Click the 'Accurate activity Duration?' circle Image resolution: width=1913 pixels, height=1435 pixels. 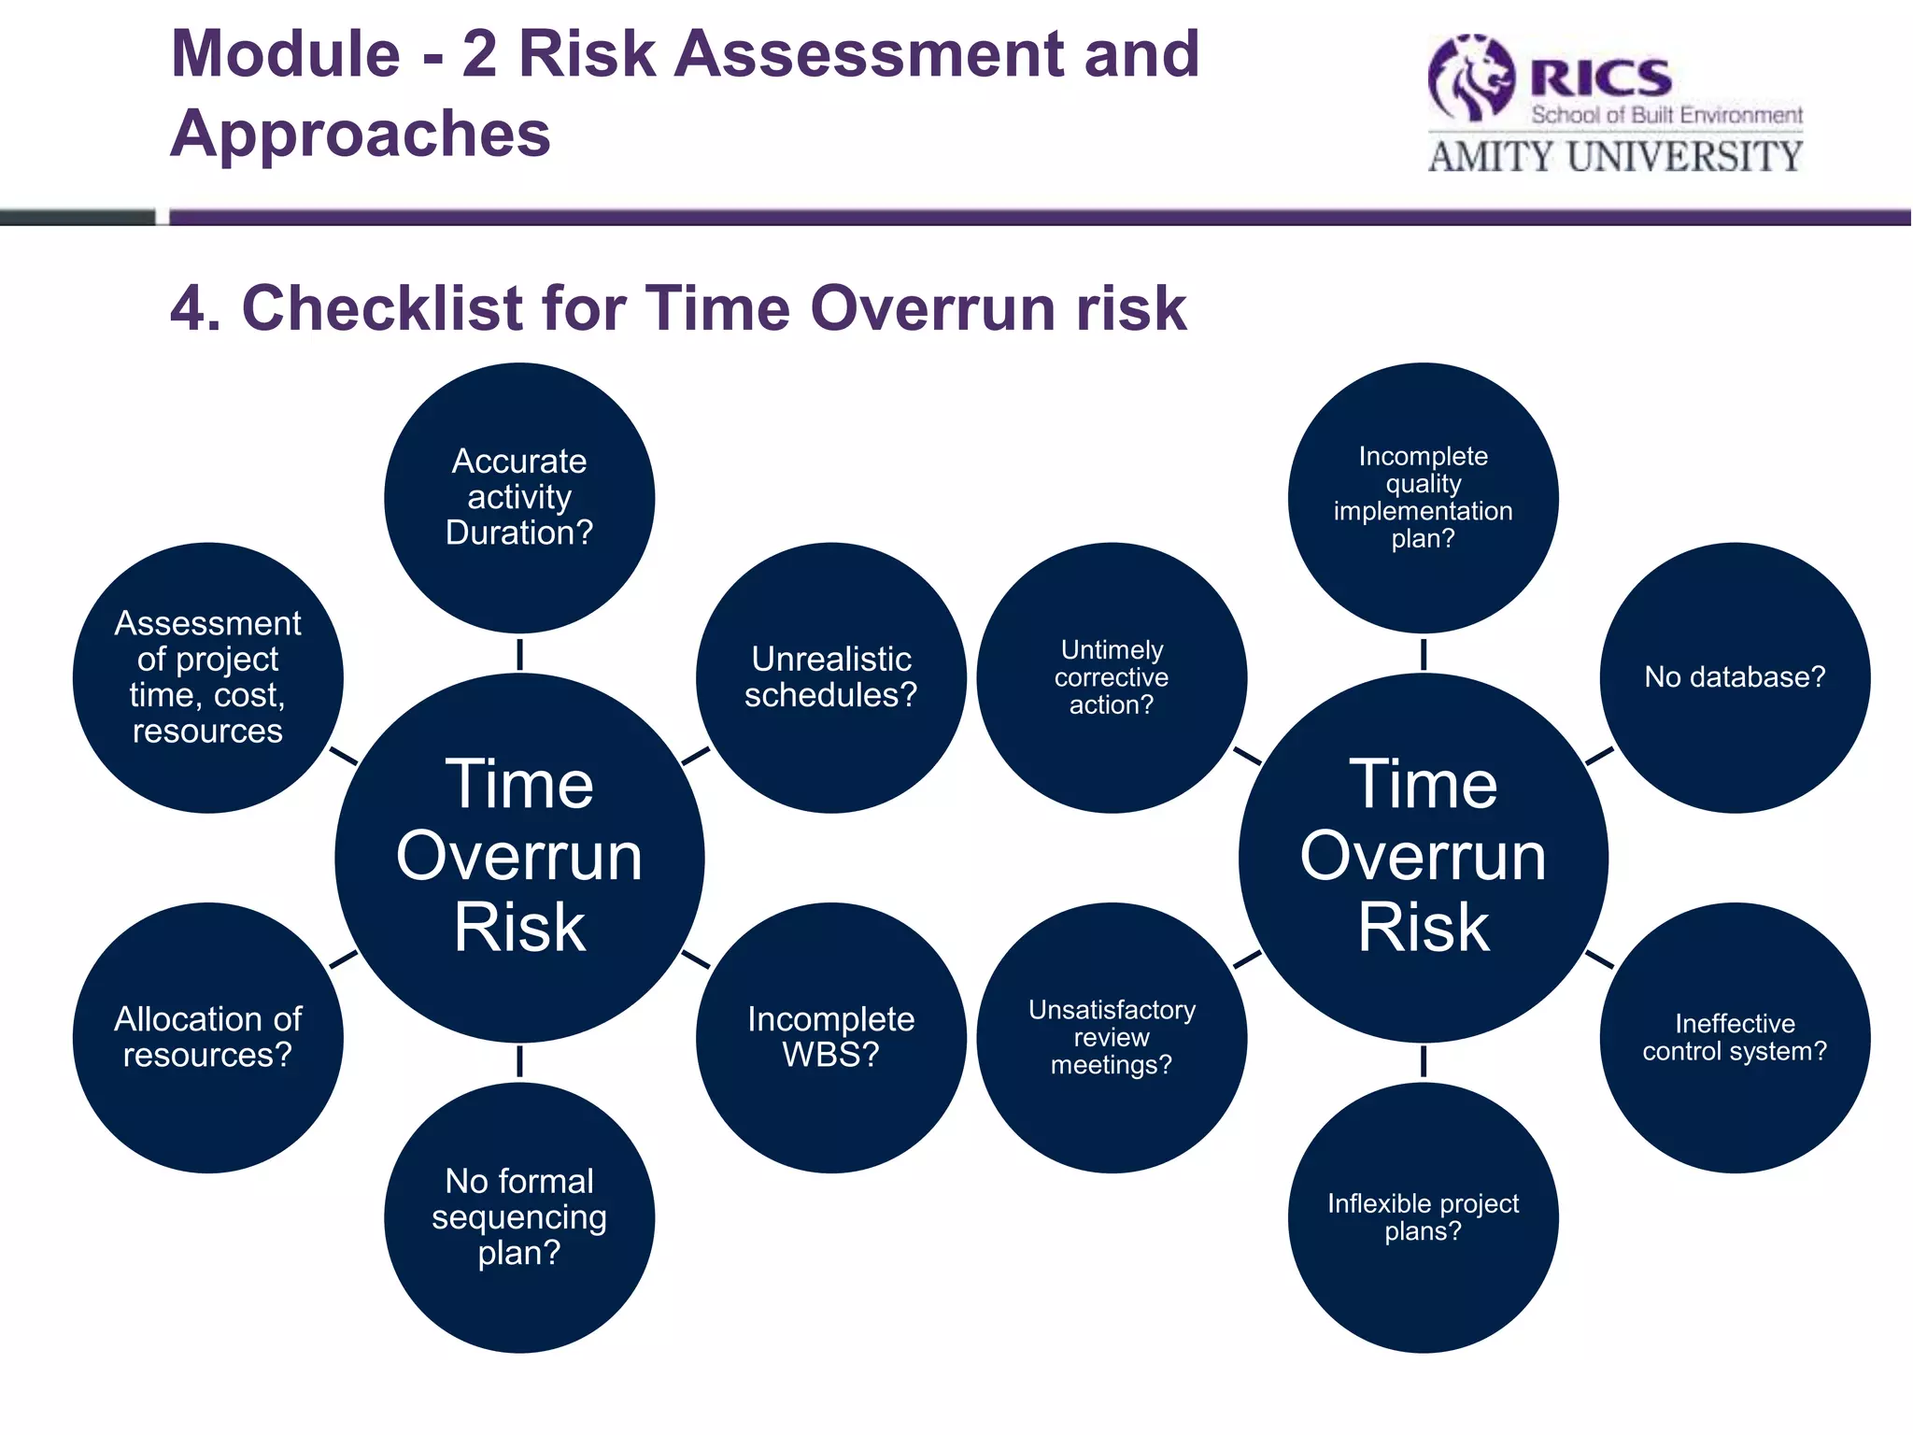click(x=519, y=498)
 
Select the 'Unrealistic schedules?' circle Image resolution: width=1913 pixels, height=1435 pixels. click(x=830, y=677)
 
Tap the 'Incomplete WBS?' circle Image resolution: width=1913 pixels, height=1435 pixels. click(x=830, y=1037)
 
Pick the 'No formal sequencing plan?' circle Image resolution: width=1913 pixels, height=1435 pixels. click(x=519, y=1217)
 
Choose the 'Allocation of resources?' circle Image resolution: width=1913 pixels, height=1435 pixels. click(x=207, y=1037)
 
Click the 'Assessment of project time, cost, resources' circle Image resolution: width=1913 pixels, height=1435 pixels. click(x=207, y=677)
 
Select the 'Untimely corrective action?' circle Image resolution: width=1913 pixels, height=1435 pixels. click(x=1112, y=677)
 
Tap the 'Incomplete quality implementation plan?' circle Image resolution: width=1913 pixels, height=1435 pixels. click(x=1423, y=498)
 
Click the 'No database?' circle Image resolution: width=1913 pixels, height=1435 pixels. click(x=1735, y=677)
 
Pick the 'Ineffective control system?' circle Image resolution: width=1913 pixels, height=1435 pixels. click(x=1735, y=1037)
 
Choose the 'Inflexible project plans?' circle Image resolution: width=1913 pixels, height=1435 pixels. click(x=1423, y=1217)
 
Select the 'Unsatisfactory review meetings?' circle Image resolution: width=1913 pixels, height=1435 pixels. click(x=1112, y=1037)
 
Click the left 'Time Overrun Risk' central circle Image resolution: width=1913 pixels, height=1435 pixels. click(x=519, y=858)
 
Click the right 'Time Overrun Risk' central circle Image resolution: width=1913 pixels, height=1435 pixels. click(x=1423, y=858)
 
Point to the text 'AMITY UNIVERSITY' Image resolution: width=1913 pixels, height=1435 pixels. click(x=1615, y=157)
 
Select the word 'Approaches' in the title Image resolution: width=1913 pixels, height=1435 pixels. click(x=361, y=134)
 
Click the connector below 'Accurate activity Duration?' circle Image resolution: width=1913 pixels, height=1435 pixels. click(x=519, y=654)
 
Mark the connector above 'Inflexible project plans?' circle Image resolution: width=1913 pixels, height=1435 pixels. click(x=1423, y=1062)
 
